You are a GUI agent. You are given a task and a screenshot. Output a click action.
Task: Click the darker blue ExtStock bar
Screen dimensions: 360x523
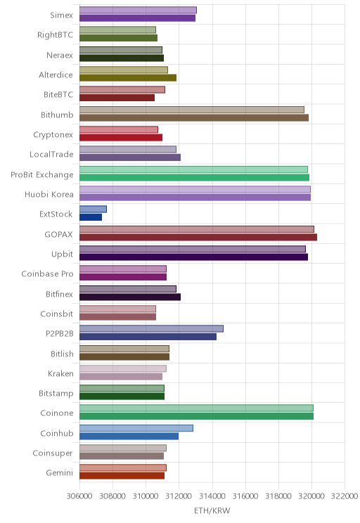click(x=91, y=217)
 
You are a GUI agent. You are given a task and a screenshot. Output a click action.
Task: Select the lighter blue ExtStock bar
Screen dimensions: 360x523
click(x=93, y=209)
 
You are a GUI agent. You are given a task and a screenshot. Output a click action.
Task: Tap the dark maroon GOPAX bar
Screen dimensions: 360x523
click(x=198, y=237)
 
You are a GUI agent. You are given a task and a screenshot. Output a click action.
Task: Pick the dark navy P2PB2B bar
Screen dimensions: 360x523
click(x=148, y=337)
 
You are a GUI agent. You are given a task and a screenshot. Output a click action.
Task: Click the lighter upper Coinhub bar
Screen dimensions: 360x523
click(x=136, y=428)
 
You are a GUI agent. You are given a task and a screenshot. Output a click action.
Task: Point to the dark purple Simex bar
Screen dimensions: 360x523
click(x=137, y=18)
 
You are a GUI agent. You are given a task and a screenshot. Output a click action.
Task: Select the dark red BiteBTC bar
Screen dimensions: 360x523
click(x=117, y=98)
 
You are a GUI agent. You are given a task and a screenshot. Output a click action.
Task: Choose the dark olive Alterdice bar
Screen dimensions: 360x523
click(x=128, y=78)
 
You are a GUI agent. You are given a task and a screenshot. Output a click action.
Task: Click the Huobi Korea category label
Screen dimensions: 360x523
click(x=49, y=194)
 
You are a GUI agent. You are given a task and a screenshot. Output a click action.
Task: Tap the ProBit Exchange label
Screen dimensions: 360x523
click(x=42, y=175)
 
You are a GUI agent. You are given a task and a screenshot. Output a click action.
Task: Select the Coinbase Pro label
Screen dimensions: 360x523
click(x=47, y=274)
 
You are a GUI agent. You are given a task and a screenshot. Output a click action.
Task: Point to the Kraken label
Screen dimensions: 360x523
click(x=60, y=373)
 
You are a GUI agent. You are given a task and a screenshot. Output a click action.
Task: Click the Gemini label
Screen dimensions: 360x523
click(x=59, y=472)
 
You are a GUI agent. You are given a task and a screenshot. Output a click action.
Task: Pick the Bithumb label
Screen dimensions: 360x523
click(x=57, y=115)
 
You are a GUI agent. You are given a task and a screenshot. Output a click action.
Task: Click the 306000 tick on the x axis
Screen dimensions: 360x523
click(x=79, y=496)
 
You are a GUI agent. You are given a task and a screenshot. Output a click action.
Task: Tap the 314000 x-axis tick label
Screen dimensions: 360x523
click(x=212, y=496)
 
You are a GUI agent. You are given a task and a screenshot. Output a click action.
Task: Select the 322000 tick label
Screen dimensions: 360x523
click(x=345, y=496)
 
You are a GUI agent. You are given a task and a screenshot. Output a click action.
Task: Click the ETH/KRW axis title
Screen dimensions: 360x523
click(x=212, y=510)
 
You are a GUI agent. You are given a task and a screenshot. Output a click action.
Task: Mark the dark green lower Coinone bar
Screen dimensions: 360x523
click(x=196, y=416)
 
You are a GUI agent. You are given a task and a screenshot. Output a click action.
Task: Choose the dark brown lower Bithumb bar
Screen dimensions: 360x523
click(x=194, y=117)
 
